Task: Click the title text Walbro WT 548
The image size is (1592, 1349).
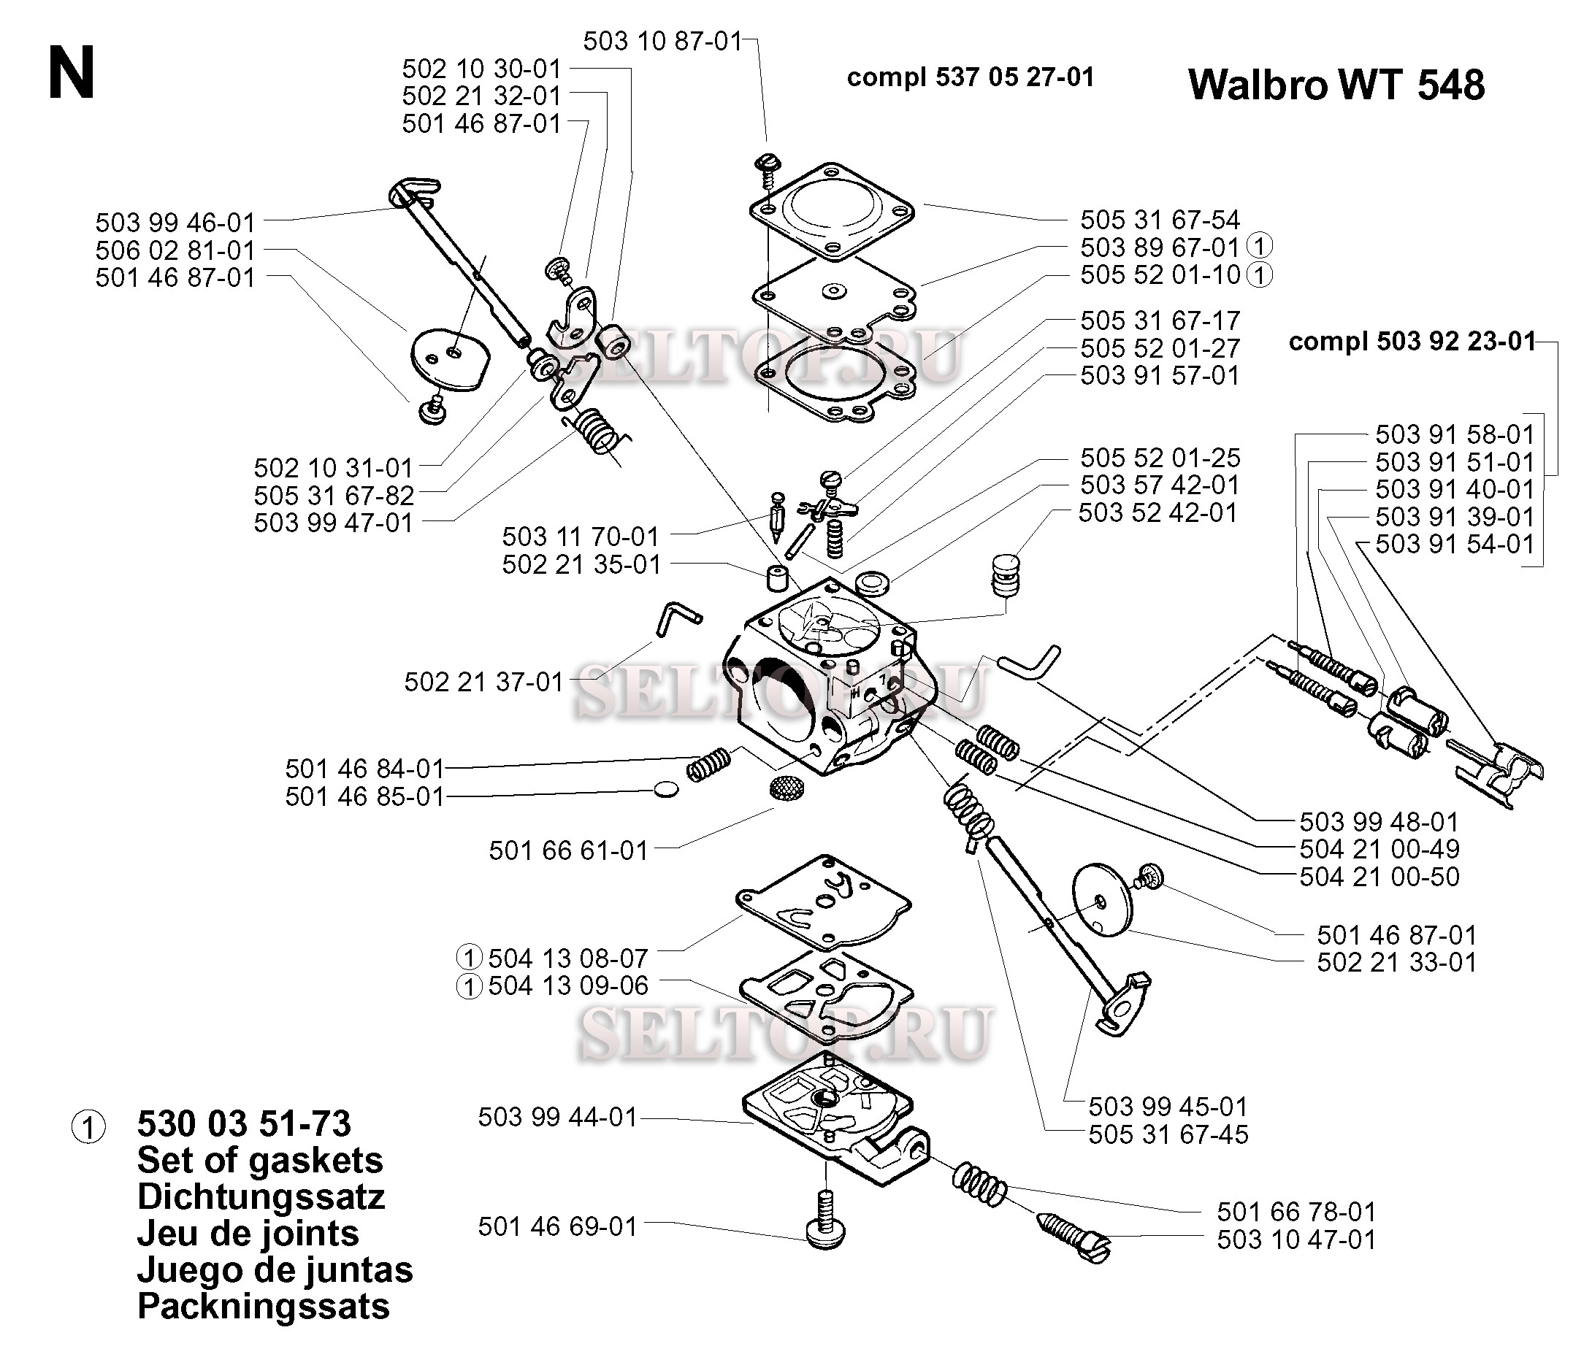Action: click(x=1336, y=84)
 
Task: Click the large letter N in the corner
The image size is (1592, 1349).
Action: click(x=71, y=74)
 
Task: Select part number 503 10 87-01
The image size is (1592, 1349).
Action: click(x=662, y=41)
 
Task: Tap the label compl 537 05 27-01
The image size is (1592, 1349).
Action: click(x=970, y=77)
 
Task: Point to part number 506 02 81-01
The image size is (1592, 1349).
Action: click(x=175, y=250)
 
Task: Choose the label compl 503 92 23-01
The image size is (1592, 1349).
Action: click(x=1412, y=341)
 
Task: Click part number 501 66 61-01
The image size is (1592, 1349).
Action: click(x=568, y=850)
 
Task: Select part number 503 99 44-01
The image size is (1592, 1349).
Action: click(x=558, y=1117)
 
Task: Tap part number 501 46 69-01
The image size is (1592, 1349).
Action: click(x=558, y=1226)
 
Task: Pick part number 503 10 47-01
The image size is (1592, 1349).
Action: click(x=1296, y=1239)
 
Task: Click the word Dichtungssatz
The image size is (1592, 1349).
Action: click(x=261, y=1197)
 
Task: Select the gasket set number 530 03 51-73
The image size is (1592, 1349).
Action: click(x=244, y=1123)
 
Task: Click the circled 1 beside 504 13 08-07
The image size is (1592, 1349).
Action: click(x=469, y=958)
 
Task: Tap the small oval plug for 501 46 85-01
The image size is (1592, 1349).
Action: click(x=666, y=789)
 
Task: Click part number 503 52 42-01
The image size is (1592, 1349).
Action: click(x=1157, y=512)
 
